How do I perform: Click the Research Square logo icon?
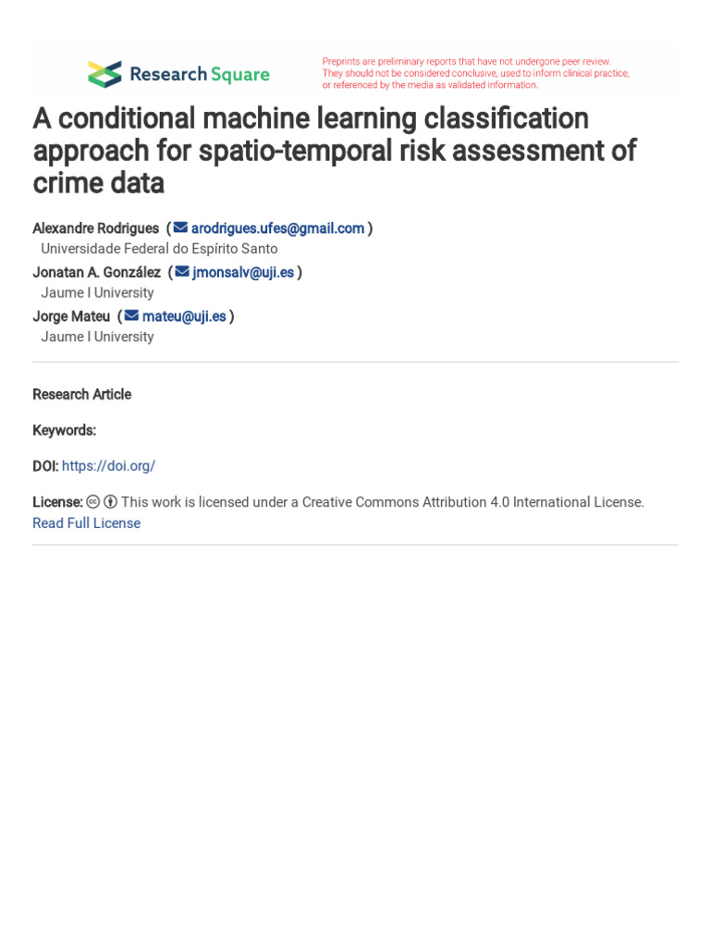pos(104,74)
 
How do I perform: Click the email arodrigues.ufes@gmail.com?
pos(277,228)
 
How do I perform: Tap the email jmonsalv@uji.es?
pos(243,272)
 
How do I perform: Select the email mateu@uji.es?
pos(184,316)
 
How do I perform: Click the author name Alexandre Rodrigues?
pos(95,228)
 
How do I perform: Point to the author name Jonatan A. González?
pos(96,272)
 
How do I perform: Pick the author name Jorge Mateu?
pos(71,316)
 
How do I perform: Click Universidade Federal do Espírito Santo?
pos(159,249)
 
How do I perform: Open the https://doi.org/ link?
pos(108,466)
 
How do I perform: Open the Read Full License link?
pos(86,523)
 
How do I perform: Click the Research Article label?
pos(81,395)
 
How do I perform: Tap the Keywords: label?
pos(64,430)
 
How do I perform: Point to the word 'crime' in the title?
pos(69,183)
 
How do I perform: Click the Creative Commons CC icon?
pos(92,502)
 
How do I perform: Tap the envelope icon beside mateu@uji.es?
pos(131,316)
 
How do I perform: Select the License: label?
pos(57,502)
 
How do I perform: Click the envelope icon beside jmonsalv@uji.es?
pos(182,272)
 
